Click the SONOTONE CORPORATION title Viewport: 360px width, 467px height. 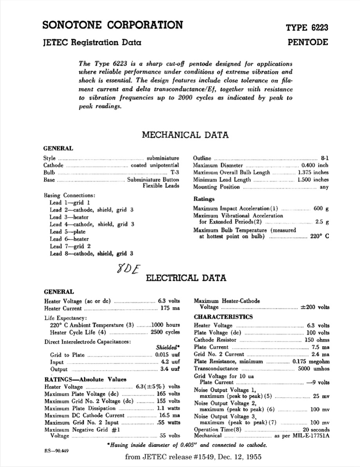pyautogui.click(x=113, y=25)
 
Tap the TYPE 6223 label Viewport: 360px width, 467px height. pyautogui.click(x=307, y=28)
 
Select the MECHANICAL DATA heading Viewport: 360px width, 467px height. pyautogui.click(x=185, y=135)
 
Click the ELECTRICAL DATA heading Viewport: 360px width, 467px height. pyautogui.click(x=186, y=278)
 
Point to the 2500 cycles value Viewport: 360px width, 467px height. pyautogui.click(x=165, y=332)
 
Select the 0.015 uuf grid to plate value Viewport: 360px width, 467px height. pyautogui.click(x=166, y=355)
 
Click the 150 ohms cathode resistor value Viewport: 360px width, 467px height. pyautogui.click(x=317, y=340)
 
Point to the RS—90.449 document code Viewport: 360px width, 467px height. pyautogui.click(x=57, y=451)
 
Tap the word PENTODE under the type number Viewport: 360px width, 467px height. pyautogui.click(x=308, y=42)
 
